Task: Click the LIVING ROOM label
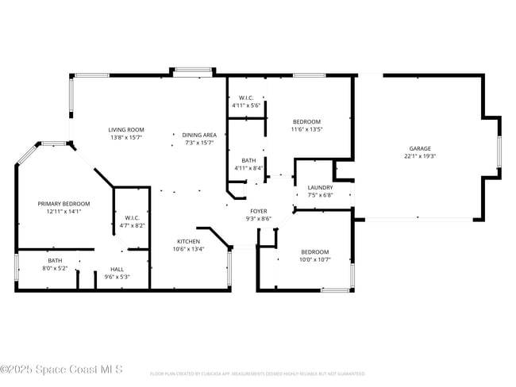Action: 126,129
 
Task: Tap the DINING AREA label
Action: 199,135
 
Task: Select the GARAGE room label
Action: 420,148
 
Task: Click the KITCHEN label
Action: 188,241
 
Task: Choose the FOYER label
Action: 260,211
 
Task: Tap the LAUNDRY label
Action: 320,187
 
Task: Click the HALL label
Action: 117,270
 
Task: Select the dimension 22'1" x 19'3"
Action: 420,156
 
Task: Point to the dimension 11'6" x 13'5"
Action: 306,129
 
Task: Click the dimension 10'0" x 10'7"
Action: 314,260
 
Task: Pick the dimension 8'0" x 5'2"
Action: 55,268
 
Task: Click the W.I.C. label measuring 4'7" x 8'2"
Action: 132,217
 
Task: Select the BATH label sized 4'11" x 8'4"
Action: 248,161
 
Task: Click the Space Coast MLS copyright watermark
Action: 62,369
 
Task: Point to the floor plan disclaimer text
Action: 257,374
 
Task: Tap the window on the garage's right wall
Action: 499,152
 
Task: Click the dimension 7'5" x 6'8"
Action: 320,195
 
